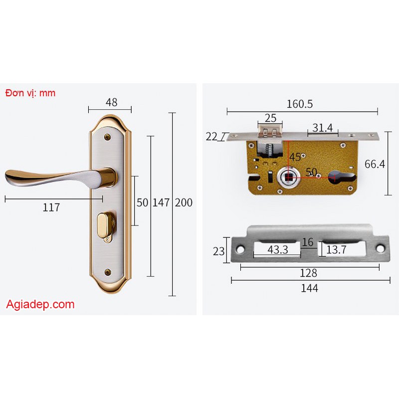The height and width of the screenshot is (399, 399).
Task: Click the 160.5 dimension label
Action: coord(300,104)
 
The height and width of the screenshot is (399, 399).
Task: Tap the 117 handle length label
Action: coord(51,207)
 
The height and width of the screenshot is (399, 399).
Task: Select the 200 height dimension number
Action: coord(184,202)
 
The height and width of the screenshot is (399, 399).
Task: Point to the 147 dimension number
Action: coord(161,202)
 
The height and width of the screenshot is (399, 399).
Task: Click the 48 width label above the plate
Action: coord(111,102)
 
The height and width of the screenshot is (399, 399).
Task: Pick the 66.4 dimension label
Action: coord(375,164)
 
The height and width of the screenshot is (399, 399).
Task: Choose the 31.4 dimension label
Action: coord(322,128)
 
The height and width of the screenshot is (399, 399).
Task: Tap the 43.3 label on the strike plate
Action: coord(278,250)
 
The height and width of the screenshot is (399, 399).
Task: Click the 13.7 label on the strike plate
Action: coord(336,250)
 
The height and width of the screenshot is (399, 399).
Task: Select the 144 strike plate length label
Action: coord(309,288)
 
